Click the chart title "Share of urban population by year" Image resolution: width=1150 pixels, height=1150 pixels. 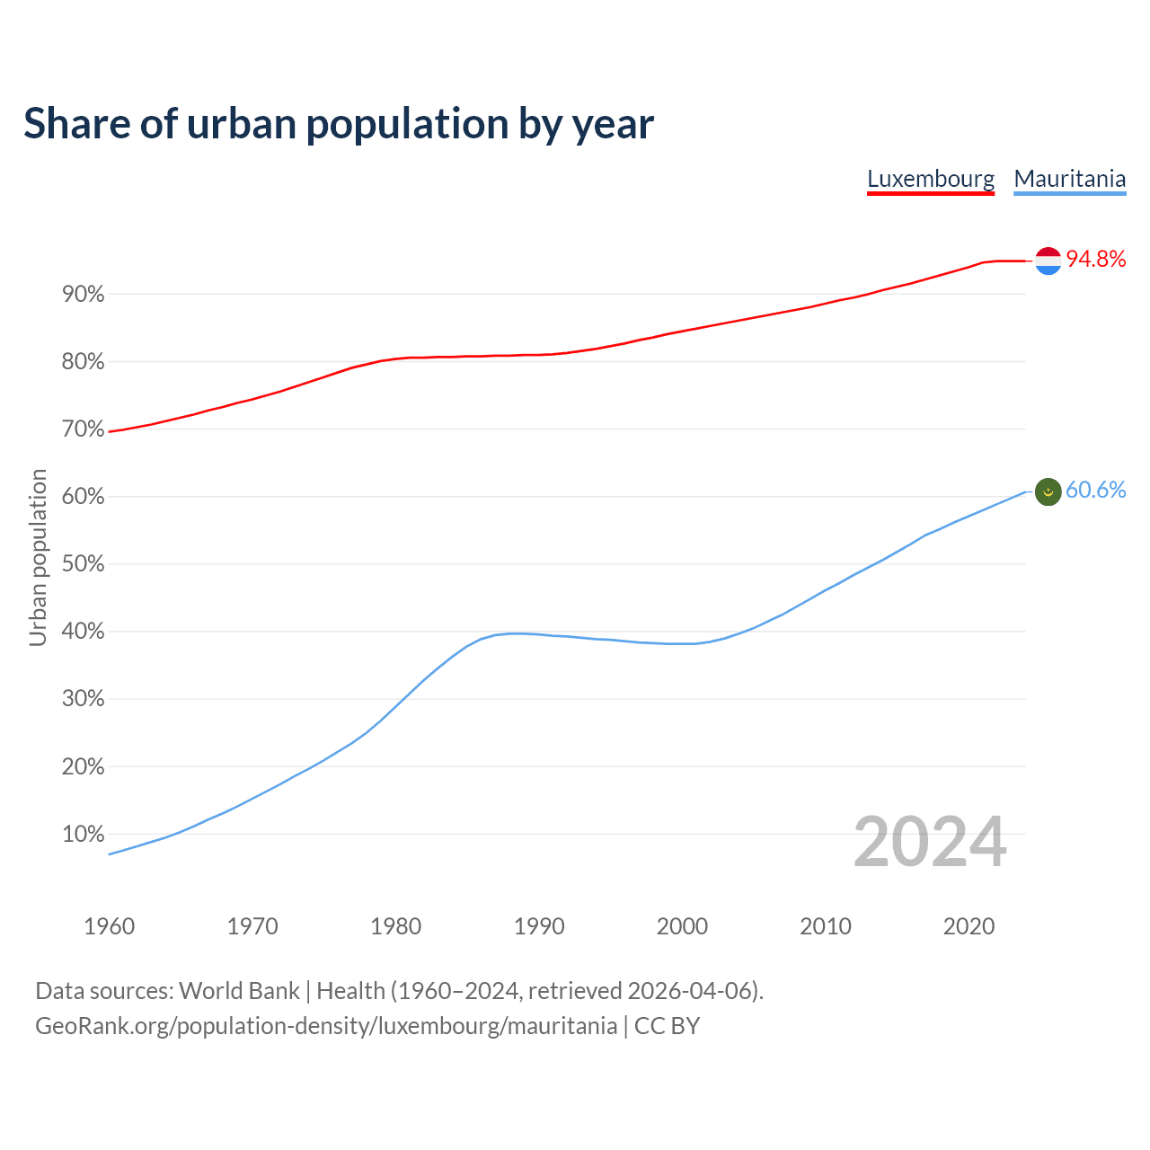point(339,124)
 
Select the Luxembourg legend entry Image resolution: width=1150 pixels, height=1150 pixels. point(931,179)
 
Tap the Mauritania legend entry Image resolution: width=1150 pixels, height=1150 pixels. point(1069,179)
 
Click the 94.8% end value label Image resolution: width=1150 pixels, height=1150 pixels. point(1095,260)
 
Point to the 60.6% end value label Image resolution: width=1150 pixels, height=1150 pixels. point(1095,491)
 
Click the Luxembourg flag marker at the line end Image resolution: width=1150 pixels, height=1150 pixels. point(1048,261)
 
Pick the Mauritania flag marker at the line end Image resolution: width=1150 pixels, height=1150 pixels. point(1048,491)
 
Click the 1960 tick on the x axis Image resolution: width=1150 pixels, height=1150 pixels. point(109,926)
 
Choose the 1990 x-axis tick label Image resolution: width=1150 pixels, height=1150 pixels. point(539,926)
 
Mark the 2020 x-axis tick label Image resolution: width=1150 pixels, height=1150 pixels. point(969,926)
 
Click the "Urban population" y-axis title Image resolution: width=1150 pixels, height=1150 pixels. point(38,558)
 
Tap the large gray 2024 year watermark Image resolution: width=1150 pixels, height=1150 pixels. point(930,842)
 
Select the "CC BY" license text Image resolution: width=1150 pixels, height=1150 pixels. point(667,1026)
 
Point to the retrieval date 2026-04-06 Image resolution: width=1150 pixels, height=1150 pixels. point(689,991)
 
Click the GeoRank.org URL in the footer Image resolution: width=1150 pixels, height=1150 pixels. point(326,1026)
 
